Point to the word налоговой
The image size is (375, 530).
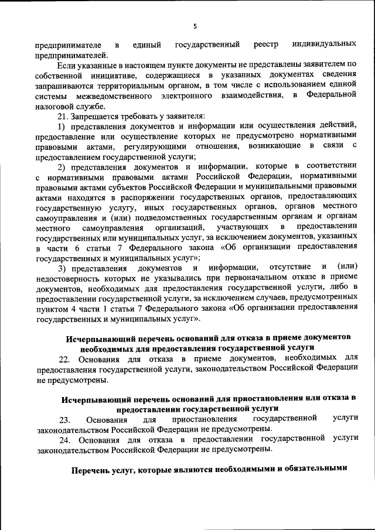pos(54,106)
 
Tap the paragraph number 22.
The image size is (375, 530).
pos(63,358)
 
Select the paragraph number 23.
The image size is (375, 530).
pos(63,419)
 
